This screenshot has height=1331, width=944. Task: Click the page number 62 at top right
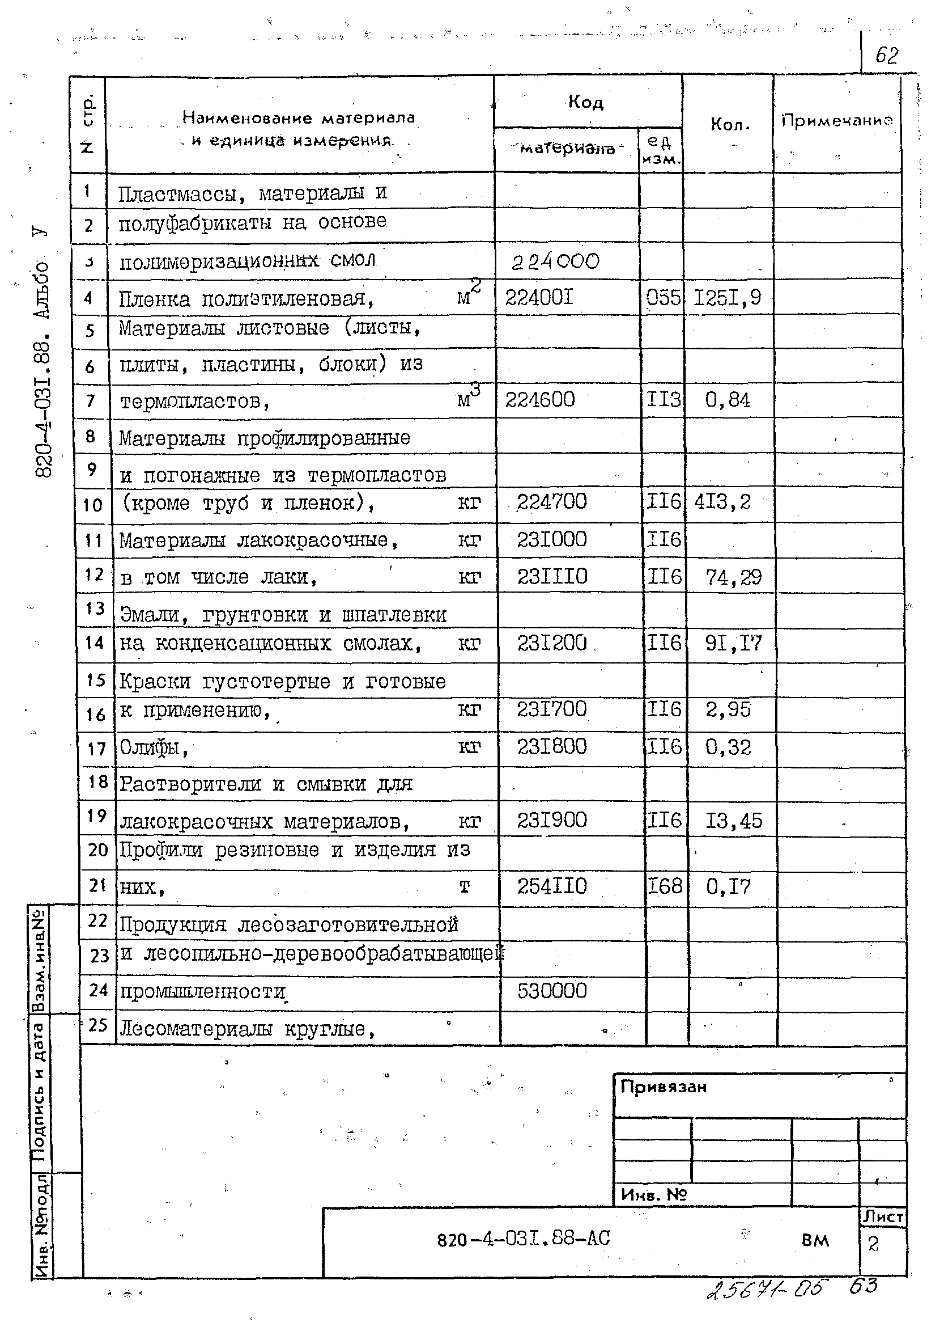(886, 56)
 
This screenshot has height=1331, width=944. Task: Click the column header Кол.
(730, 124)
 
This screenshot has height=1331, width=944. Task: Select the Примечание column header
(837, 120)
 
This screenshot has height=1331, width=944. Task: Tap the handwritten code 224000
(555, 261)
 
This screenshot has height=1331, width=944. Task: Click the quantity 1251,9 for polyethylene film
(727, 298)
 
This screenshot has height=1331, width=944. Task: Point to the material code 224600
(540, 400)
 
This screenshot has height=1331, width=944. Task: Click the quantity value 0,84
(728, 400)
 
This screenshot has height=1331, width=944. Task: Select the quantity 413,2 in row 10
(722, 501)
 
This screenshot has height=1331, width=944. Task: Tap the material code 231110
(552, 577)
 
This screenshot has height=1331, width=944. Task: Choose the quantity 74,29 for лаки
(734, 577)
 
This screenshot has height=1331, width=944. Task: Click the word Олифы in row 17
(154, 747)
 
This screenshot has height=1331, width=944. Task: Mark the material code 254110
(552, 886)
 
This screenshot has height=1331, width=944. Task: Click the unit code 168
(665, 886)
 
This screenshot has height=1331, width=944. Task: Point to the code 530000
(552, 991)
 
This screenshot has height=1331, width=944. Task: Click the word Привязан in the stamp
(664, 1087)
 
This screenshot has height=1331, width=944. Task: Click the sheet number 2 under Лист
(873, 1244)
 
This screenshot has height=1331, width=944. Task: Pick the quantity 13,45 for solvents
(734, 821)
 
